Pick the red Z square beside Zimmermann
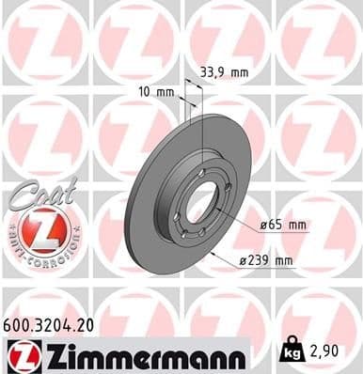coord(20,354)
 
